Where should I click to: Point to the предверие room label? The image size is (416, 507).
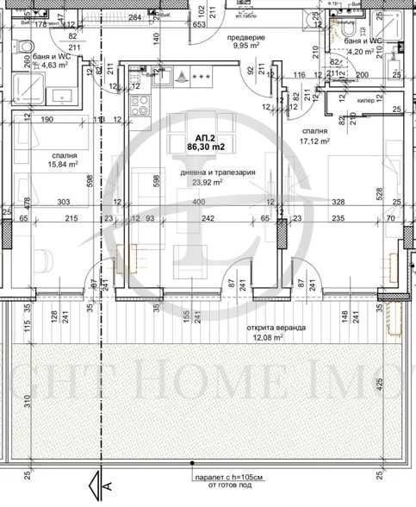click(x=245, y=39)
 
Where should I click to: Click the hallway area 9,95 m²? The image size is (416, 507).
click(x=245, y=49)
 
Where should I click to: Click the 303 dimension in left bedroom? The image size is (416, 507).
click(x=64, y=202)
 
